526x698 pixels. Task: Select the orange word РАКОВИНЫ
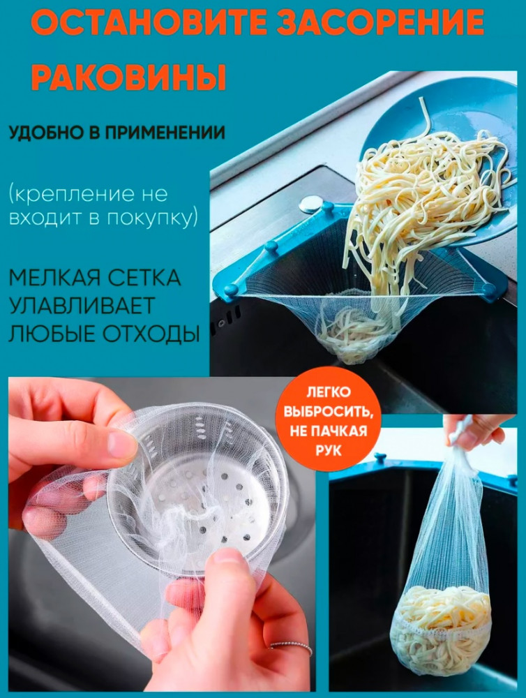pos(129,77)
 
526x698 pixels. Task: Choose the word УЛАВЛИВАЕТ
pos(82,306)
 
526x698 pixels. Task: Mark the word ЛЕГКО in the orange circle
pos(329,392)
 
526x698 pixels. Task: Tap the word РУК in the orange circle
pos(329,450)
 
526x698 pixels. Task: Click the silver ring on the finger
pos(291,647)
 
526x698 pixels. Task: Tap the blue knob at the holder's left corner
pos(230,290)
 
